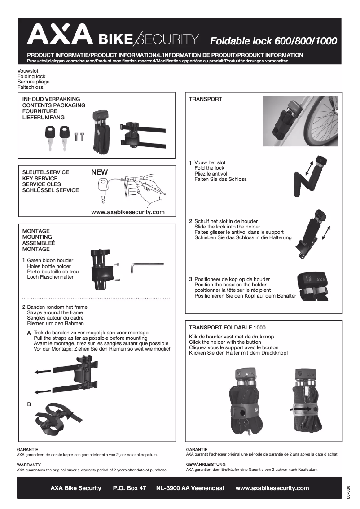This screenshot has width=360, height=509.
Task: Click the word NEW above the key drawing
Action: click(x=99, y=172)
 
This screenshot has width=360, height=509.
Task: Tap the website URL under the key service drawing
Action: click(x=127, y=212)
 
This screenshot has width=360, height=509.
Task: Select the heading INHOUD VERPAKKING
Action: click(x=51, y=99)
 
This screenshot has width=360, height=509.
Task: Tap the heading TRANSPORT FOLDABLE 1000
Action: click(x=227, y=328)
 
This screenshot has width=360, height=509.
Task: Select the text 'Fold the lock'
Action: click(x=209, y=168)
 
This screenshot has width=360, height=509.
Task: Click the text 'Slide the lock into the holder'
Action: click(x=227, y=227)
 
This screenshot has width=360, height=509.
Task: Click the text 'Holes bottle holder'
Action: click(x=49, y=266)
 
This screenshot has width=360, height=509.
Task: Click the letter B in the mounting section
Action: click(x=29, y=404)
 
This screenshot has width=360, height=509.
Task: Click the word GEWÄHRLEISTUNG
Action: click(x=206, y=464)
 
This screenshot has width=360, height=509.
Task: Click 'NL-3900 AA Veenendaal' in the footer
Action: click(x=189, y=488)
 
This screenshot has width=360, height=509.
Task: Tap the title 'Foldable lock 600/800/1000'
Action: click(x=273, y=41)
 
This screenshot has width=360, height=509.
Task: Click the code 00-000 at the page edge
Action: click(x=348, y=491)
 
